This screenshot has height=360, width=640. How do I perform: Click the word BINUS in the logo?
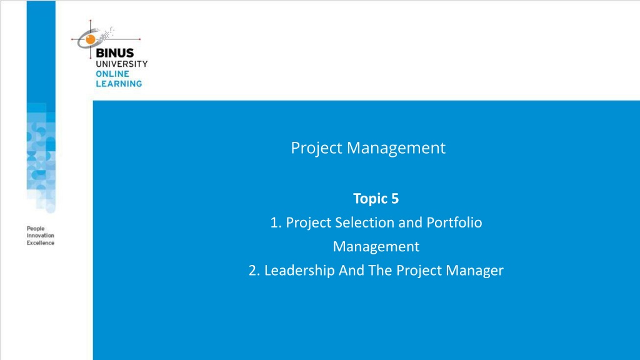pos(115,53)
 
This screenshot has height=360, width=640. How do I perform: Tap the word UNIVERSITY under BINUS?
pos(122,64)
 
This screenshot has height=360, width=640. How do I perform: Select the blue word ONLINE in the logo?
pos(112,74)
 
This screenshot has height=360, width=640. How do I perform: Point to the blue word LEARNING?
pos(119,84)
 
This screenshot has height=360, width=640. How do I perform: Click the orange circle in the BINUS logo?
pos(90,39)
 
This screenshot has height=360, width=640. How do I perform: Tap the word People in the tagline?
pos(36,229)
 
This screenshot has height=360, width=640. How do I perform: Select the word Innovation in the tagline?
pos(41,236)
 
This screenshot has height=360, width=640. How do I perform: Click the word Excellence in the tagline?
pos(41,243)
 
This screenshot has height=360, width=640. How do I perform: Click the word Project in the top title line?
pos(316,148)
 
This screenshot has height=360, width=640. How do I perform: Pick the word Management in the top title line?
pos(396,147)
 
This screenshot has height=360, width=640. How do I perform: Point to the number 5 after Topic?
pos(395,199)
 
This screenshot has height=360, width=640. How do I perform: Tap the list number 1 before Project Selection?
pos(276,223)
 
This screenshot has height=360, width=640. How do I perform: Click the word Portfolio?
pos(454,222)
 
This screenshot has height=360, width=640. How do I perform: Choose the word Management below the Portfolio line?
pos(376,246)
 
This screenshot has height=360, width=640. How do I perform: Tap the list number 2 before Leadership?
pos(254,271)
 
